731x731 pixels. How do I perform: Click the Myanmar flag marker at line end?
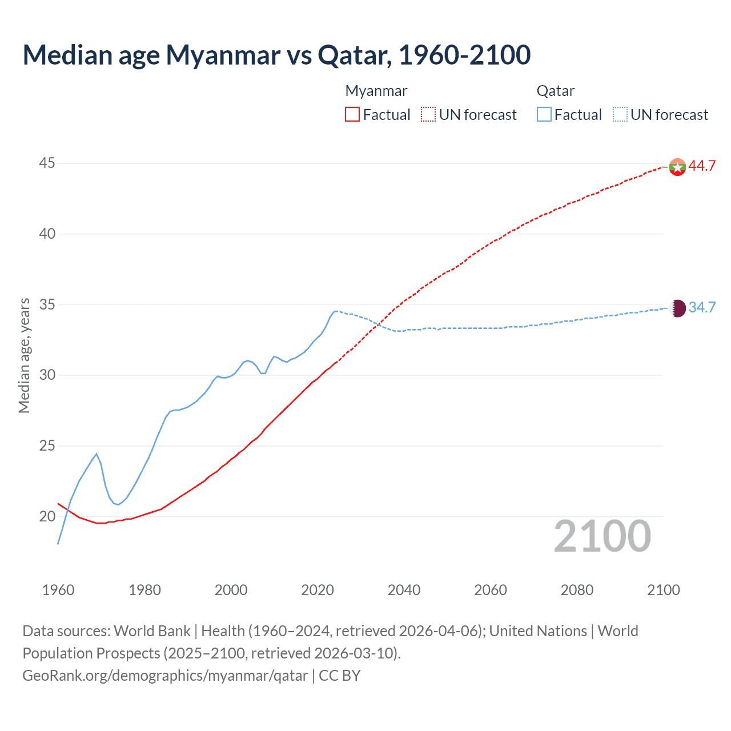[x=677, y=167]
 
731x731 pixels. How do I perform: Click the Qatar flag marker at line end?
[x=677, y=308]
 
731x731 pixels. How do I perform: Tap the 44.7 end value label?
[x=702, y=166]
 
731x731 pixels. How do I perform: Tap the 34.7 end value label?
[x=702, y=308]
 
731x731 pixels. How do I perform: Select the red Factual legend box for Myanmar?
[x=352, y=115]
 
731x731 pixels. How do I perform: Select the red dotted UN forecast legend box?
[x=428, y=115]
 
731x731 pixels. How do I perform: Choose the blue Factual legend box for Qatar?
[x=544, y=115]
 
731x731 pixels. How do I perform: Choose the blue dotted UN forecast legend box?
[x=620, y=115]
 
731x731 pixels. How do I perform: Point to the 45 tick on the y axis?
[x=47, y=163]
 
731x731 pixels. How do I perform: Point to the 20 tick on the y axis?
[x=47, y=516]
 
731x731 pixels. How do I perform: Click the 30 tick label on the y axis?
[x=47, y=375]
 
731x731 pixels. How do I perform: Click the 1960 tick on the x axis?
[x=58, y=590]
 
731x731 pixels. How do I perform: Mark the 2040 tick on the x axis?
[x=404, y=590]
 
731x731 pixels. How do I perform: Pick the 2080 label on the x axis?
[x=577, y=590]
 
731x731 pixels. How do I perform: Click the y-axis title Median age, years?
[x=24, y=355]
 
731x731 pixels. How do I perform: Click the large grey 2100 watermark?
[x=603, y=536]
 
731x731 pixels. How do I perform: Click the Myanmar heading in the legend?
[x=376, y=91]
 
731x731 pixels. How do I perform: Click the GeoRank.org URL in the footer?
[x=165, y=676]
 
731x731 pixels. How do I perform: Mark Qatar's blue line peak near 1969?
[x=97, y=454]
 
